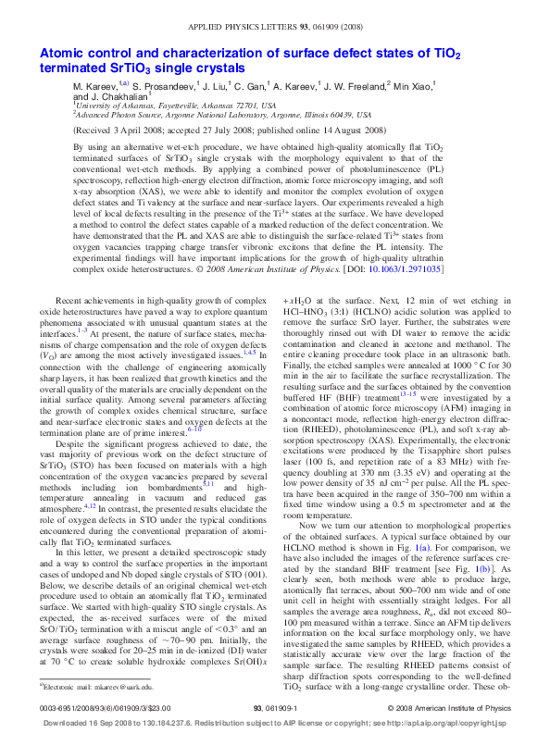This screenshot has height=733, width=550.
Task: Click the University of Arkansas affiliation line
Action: coord(176,106)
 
